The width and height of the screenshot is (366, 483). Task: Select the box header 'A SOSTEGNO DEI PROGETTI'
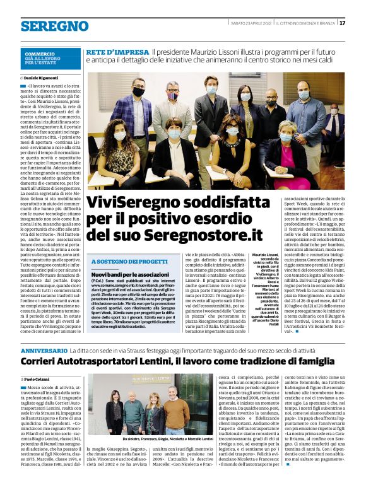coord(130,261)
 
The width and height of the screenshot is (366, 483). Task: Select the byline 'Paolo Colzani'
coord(39,378)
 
